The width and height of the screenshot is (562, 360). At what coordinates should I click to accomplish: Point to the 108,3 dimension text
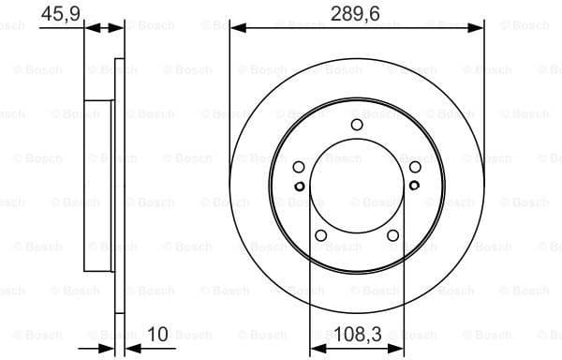coord(356,333)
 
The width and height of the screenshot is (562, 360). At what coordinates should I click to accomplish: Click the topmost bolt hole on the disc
coord(356,125)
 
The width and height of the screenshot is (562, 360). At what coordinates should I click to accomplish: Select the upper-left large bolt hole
coord(299,167)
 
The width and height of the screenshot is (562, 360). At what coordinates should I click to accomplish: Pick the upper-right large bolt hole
coord(414,167)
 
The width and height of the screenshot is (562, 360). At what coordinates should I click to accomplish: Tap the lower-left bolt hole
coord(320,235)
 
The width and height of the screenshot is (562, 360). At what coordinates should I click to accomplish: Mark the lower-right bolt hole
coord(392,235)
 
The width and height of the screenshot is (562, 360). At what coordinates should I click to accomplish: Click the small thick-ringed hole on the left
coord(300,186)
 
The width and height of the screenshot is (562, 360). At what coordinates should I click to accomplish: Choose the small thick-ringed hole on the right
coord(413,186)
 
